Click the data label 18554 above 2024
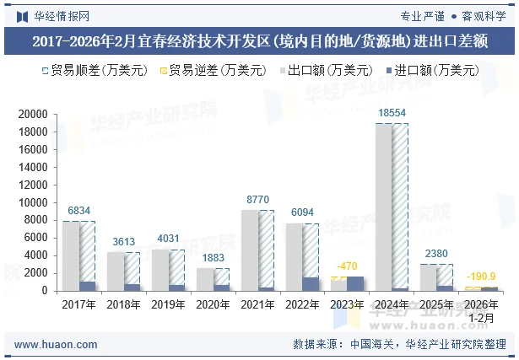(x=392, y=113)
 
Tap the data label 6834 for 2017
(x=79, y=211)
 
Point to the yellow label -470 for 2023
(x=347, y=266)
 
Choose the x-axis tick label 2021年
(x=257, y=304)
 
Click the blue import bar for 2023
(x=355, y=283)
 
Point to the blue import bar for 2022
(x=311, y=284)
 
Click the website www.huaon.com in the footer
(x=57, y=345)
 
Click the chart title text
(x=259, y=41)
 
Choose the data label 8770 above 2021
(x=257, y=199)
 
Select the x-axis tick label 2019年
(x=168, y=304)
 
